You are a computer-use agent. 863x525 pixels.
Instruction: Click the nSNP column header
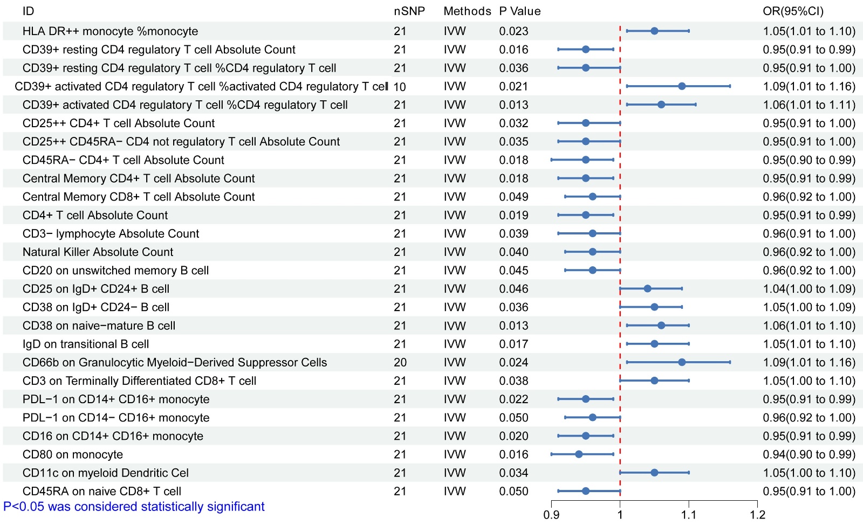[x=409, y=11]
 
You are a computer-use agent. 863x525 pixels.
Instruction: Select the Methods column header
[x=467, y=11]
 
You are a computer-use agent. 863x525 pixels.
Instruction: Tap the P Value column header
[x=519, y=11]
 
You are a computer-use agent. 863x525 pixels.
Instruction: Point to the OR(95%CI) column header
[x=793, y=11]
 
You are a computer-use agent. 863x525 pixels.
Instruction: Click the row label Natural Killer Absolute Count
[x=98, y=252]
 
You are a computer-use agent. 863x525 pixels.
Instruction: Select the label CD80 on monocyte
[x=73, y=455]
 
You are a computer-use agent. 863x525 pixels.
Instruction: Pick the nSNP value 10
[x=400, y=87]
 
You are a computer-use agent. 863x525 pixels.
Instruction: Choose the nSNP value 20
[x=400, y=363]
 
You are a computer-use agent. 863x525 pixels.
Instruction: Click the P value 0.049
[x=513, y=197]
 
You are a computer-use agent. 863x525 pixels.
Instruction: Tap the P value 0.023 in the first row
[x=513, y=31]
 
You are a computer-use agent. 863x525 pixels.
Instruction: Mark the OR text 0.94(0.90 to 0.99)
[x=809, y=455]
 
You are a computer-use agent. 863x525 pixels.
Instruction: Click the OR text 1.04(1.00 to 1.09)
[x=809, y=289]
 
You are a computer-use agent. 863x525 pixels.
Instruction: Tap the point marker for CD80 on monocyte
[x=579, y=454]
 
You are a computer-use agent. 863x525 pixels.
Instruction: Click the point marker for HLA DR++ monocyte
[x=654, y=31]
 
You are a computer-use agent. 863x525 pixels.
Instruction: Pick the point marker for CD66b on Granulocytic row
[x=682, y=362]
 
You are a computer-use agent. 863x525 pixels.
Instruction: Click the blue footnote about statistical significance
[x=134, y=507]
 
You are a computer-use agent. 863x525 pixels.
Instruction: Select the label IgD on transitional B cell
[x=86, y=344]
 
